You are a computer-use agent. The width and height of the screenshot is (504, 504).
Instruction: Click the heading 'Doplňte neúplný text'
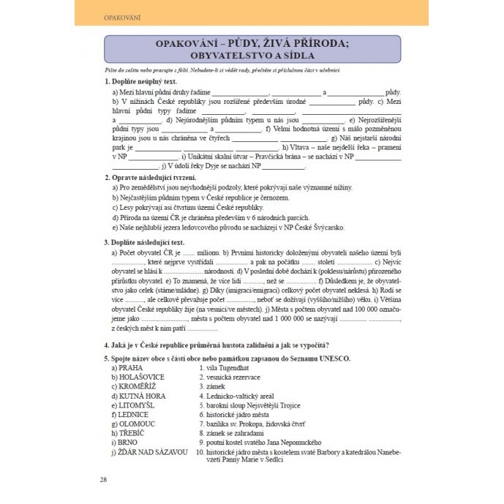click(x=143, y=81)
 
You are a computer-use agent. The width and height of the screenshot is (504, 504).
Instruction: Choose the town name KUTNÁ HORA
click(x=140, y=395)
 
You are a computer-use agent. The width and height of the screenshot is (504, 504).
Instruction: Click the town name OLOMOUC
click(x=136, y=424)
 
